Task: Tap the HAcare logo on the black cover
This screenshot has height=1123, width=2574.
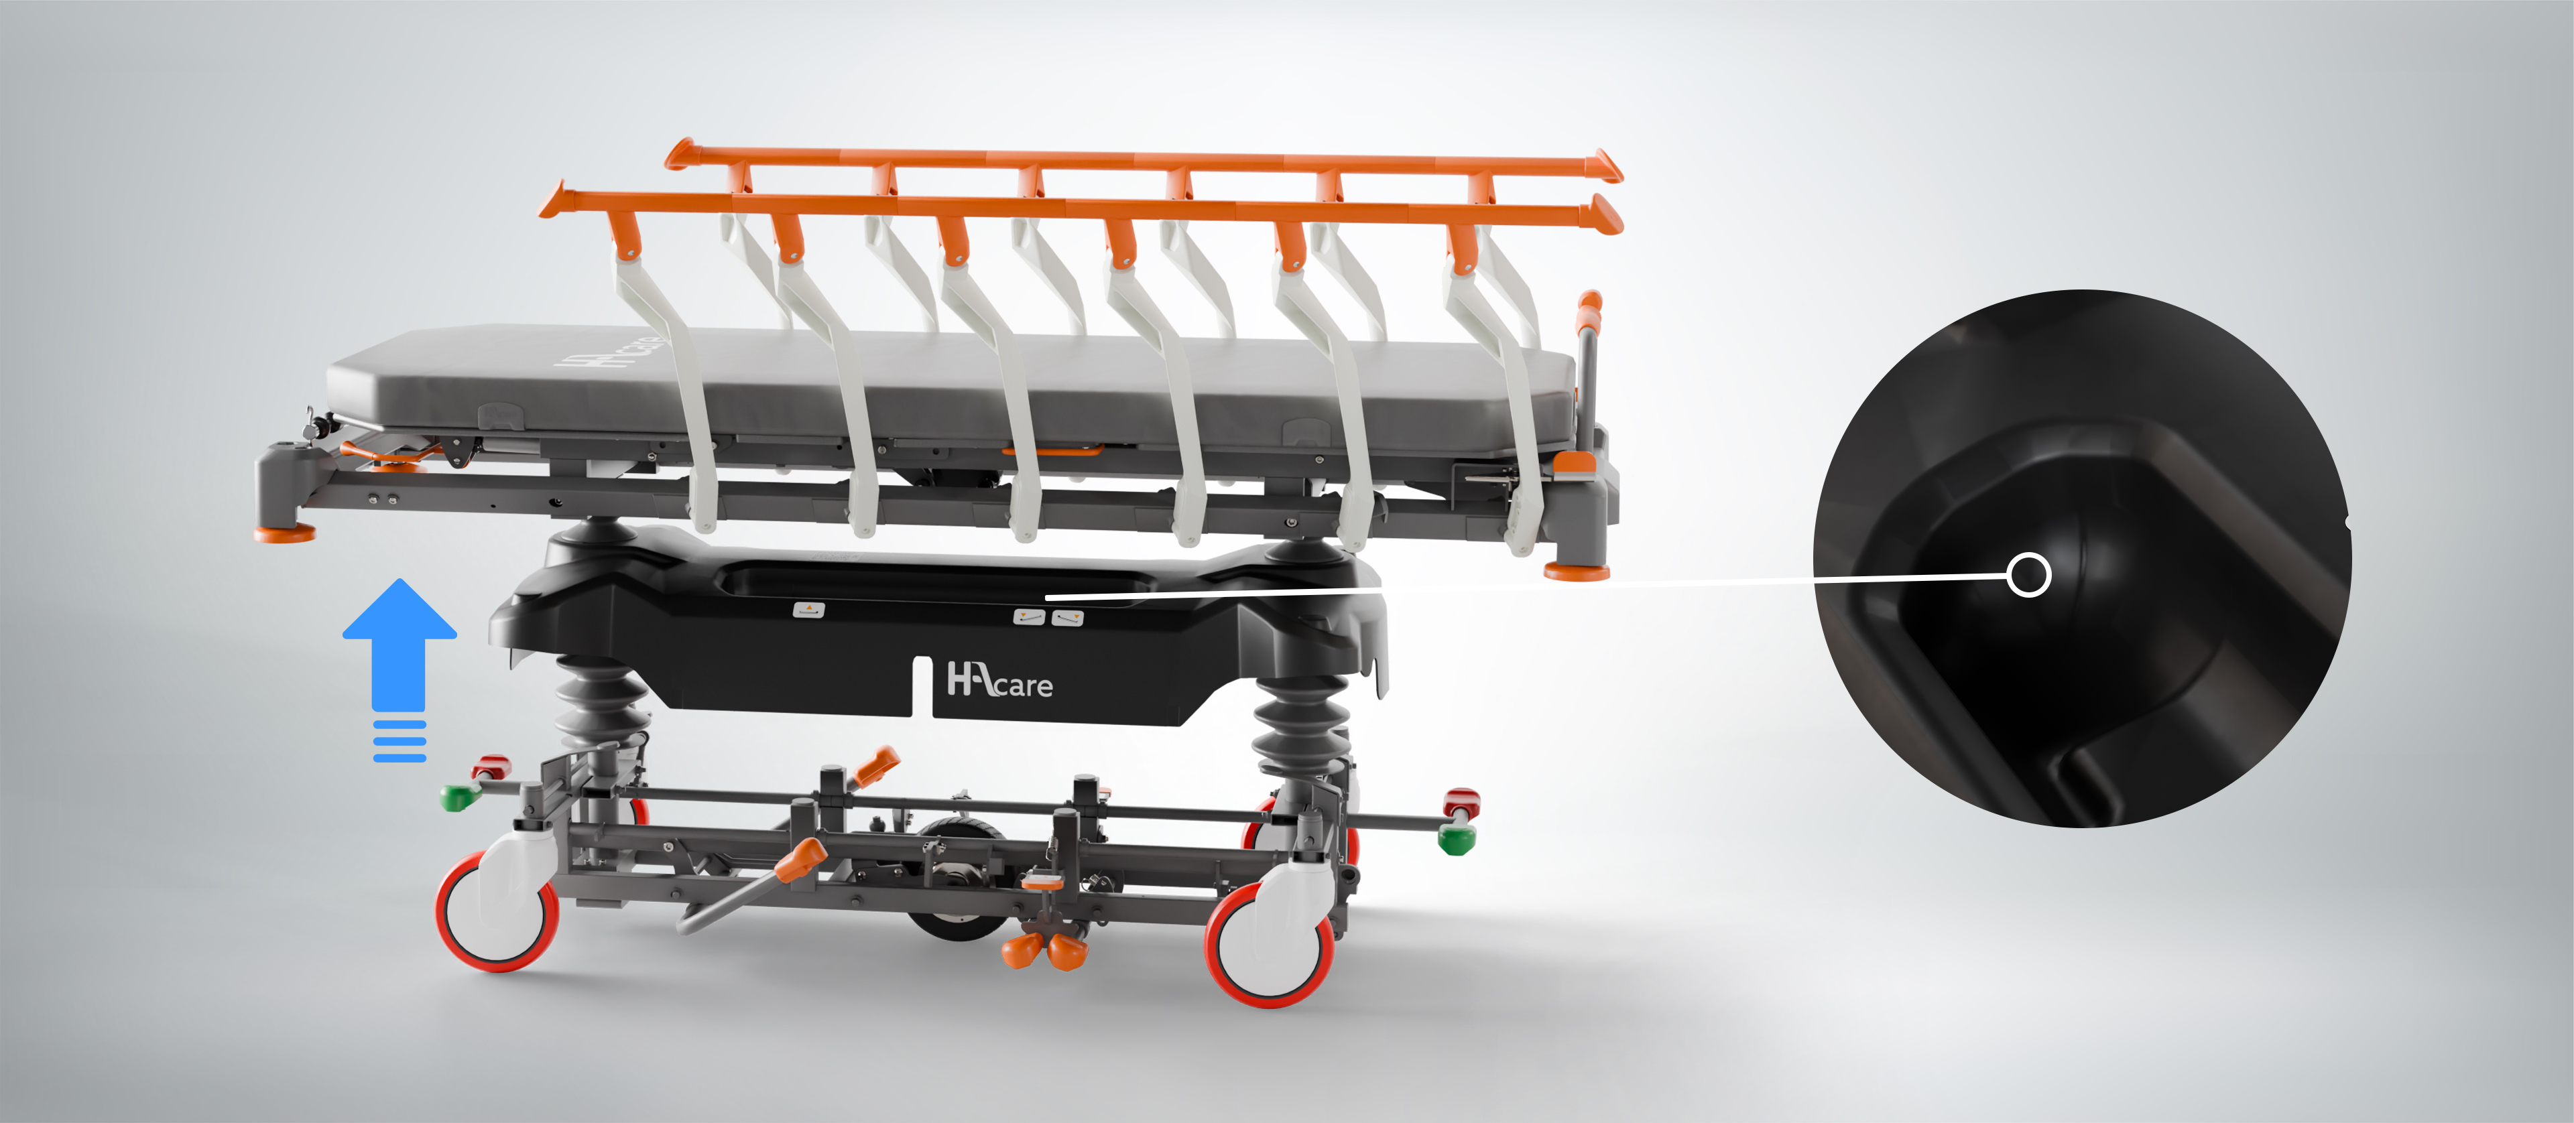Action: [x=999, y=679]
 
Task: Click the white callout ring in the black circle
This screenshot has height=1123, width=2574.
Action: [x=2028, y=576]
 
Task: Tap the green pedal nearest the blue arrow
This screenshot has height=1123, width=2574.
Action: [x=460, y=797]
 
